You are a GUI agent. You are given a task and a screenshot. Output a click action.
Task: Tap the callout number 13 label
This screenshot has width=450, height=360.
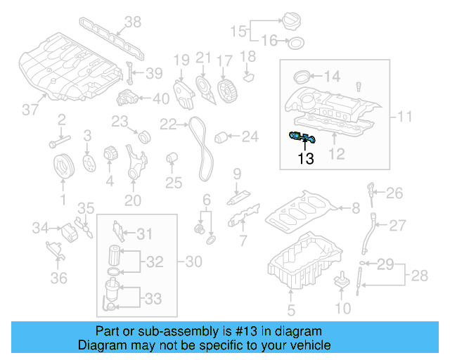(x=306, y=159)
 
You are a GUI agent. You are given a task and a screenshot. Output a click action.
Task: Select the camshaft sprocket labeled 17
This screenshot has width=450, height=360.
(x=226, y=90)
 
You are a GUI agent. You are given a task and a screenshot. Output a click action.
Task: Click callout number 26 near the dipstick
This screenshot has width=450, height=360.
(x=394, y=193)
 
